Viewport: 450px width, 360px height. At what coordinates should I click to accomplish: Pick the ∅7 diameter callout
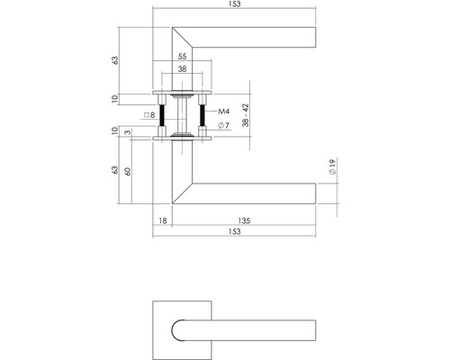[x=226, y=125]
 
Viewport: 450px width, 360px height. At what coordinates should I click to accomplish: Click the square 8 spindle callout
[x=150, y=115]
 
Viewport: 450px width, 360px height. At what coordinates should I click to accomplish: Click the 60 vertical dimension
[x=131, y=171]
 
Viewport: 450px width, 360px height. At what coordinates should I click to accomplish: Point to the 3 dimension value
[x=131, y=134]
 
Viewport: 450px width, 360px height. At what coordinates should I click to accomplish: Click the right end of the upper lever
[x=313, y=38]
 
